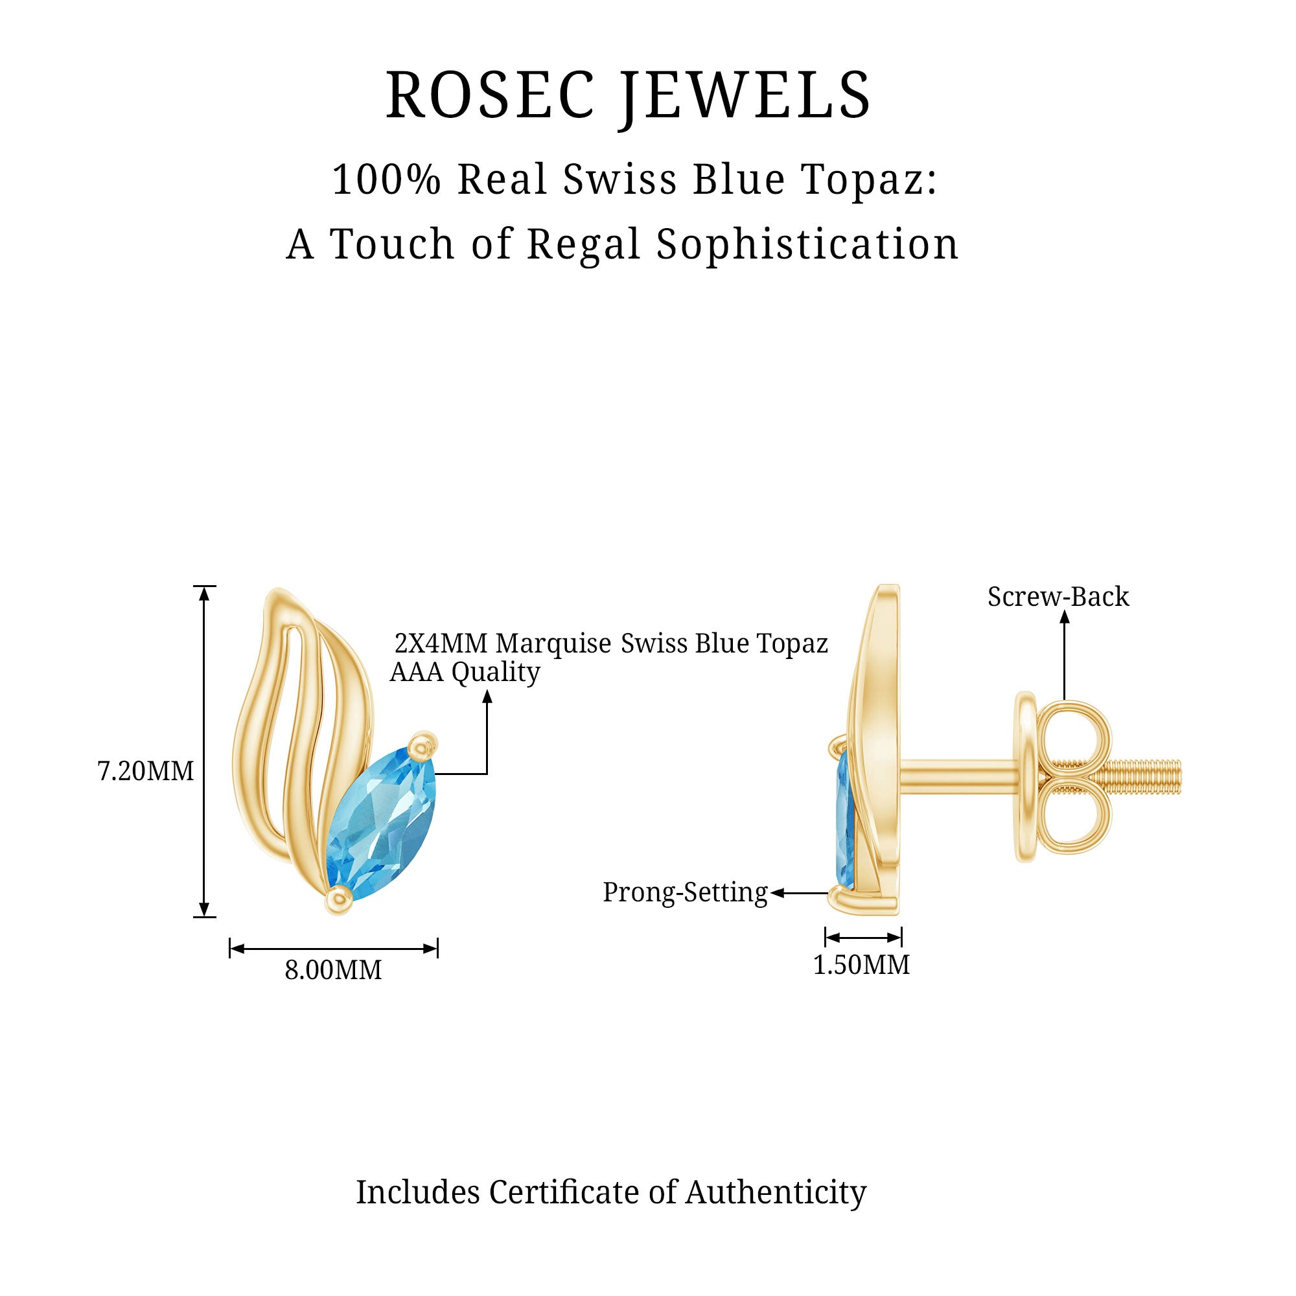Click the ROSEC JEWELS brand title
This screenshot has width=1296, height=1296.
tap(628, 95)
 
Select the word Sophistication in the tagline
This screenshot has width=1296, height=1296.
tap(807, 244)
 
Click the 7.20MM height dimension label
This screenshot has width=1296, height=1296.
tap(146, 771)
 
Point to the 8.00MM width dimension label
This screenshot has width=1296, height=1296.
tap(333, 970)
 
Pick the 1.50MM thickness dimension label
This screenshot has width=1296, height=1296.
tap(861, 966)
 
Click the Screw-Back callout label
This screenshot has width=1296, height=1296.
tap(1058, 596)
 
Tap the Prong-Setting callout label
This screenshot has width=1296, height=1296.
tap(685, 892)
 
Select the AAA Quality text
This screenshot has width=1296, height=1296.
tap(465, 672)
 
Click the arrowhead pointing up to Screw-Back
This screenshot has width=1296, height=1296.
tap(1064, 617)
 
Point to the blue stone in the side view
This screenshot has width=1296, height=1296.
tap(844, 818)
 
